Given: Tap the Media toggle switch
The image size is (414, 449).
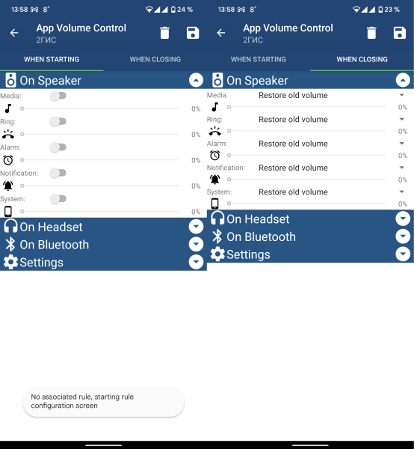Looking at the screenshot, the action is [58, 96].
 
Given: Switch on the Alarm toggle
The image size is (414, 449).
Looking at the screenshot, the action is [58, 147].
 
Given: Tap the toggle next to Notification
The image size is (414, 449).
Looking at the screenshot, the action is [58, 173].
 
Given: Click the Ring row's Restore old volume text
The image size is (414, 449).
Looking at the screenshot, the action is [293, 120].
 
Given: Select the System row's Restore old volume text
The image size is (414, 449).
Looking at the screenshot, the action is [293, 192].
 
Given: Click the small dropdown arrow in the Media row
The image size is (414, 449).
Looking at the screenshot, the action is [402, 95].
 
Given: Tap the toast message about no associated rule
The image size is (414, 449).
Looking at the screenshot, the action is [103, 401].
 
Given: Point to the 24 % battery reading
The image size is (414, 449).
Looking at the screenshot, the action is [185, 10].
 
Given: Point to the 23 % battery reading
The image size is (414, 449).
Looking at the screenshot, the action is [392, 10].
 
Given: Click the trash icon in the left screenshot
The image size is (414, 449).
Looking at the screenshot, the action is [164, 33].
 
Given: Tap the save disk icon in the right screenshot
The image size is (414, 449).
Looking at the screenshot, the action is [400, 33].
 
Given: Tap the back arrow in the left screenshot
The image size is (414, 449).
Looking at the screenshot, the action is [14, 33].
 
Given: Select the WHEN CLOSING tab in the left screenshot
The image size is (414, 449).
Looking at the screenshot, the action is [155, 59].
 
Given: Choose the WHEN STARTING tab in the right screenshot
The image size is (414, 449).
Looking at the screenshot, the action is [259, 59].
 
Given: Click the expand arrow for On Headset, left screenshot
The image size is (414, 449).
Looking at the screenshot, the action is [196, 227].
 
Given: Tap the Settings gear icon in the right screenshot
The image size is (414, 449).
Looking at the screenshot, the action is [217, 254].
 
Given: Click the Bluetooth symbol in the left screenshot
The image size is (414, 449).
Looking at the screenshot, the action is [10, 245].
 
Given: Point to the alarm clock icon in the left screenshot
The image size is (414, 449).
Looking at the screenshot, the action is [8, 160].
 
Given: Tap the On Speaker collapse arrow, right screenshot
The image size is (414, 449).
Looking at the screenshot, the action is [403, 80].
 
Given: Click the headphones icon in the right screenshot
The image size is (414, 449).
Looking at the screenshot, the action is [217, 218].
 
